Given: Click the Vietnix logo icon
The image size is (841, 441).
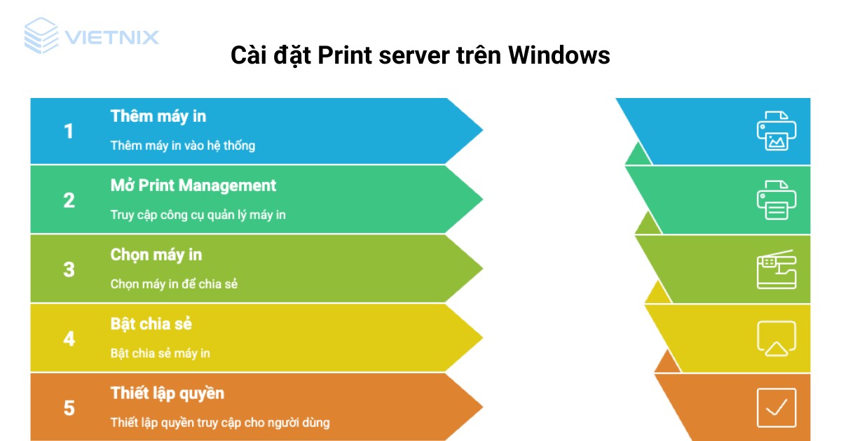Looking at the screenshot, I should click(41, 36).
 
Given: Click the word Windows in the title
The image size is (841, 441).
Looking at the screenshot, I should click(559, 55).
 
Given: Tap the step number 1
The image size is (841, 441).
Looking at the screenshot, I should click(69, 131).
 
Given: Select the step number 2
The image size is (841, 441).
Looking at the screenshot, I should click(69, 200).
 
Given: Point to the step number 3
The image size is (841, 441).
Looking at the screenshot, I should click(69, 269).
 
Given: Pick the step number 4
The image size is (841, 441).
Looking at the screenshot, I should click(69, 339).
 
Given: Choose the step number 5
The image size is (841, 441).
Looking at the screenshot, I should click(69, 407).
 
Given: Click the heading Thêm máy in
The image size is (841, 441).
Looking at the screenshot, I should click(158, 116).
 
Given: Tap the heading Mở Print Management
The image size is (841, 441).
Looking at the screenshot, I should click(193, 185).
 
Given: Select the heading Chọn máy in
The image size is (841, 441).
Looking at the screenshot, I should click(156, 255).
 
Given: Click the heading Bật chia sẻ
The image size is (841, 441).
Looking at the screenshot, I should click(151, 324).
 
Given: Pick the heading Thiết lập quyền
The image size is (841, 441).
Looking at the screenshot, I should click(167, 393).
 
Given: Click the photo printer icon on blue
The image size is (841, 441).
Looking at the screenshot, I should click(777, 131).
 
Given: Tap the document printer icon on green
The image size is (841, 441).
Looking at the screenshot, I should click(777, 200).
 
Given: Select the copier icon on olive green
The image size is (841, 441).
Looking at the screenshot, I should click(777, 269).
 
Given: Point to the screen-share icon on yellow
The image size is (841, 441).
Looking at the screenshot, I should click(777, 339).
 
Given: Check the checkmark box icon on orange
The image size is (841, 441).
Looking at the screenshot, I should click(777, 407).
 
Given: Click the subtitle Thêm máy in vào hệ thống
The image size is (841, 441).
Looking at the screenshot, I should click(183, 146).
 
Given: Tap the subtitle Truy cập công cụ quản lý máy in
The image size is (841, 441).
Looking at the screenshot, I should click(198, 215).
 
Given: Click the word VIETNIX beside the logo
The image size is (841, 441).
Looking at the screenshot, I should click(112, 37).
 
